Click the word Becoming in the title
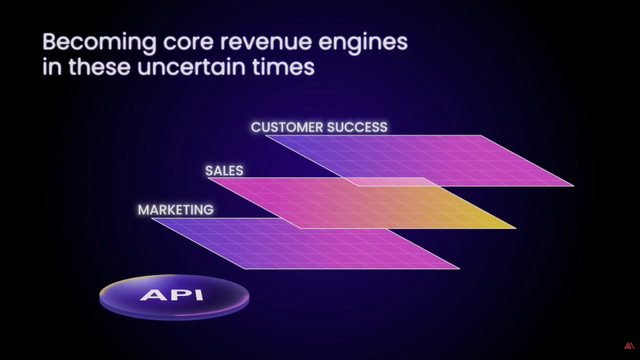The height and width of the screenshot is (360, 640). tap(99, 42)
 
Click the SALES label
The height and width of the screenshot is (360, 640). tap(224, 171)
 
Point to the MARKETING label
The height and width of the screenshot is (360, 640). tap(176, 210)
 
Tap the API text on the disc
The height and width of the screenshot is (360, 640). tap(172, 294)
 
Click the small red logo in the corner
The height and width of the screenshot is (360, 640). tap(629, 346)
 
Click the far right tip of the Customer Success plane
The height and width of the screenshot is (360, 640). tap(574, 186)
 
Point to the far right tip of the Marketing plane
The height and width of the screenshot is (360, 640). tap(459, 269)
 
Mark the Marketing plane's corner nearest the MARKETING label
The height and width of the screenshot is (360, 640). tap(152, 219)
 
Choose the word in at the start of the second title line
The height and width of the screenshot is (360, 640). tap(52, 67)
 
